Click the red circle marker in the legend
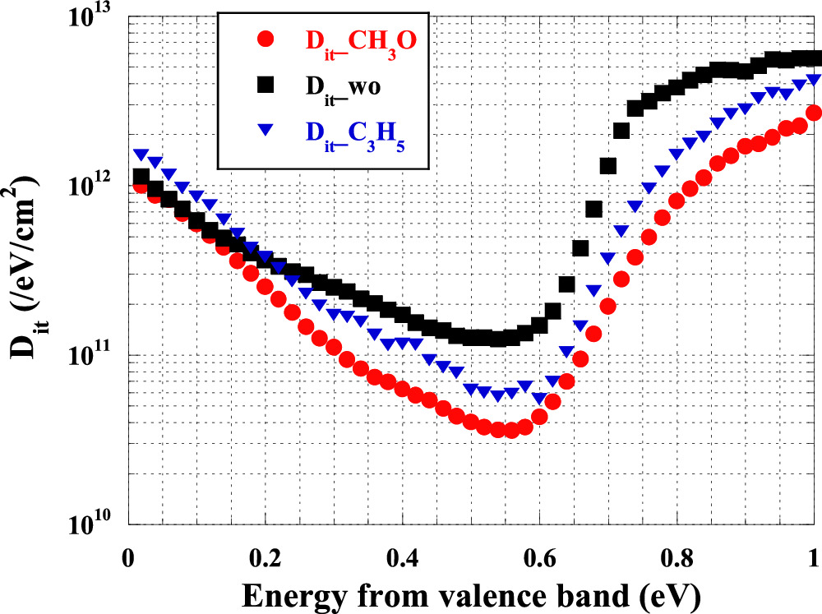click(x=262, y=38)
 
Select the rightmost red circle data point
click(x=814, y=113)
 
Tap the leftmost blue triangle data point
click(x=141, y=155)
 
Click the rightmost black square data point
click(x=814, y=58)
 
